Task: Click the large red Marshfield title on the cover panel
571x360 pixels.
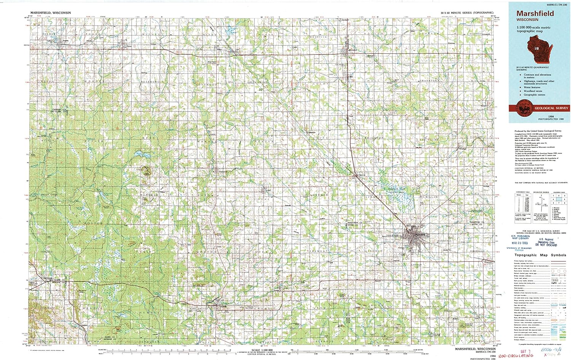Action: [535, 13]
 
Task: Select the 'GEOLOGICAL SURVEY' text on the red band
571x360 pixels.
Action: [551, 108]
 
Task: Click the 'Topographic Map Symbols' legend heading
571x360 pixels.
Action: [540, 255]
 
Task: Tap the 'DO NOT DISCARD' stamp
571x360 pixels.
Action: [547, 245]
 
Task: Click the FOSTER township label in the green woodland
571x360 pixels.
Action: [94, 223]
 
